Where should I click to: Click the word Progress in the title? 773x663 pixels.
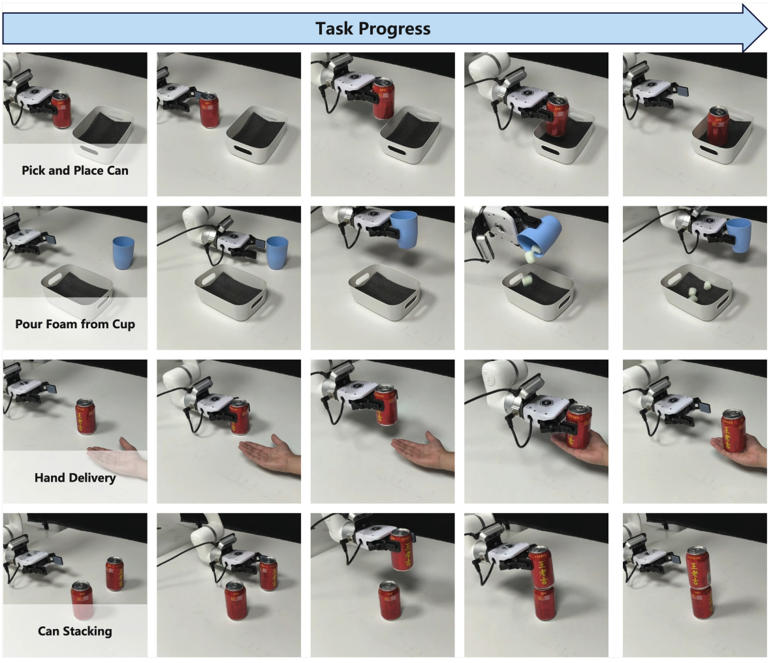(x=394, y=29)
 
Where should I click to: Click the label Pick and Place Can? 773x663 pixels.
(x=75, y=170)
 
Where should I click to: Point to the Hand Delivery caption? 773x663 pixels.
(x=75, y=478)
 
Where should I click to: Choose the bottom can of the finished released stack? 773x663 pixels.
(x=701, y=602)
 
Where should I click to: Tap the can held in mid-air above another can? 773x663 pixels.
(x=402, y=550)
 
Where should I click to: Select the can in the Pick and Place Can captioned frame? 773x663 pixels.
(x=61, y=110)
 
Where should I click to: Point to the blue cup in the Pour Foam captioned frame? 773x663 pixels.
(x=123, y=253)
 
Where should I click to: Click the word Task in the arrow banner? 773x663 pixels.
(x=336, y=29)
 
